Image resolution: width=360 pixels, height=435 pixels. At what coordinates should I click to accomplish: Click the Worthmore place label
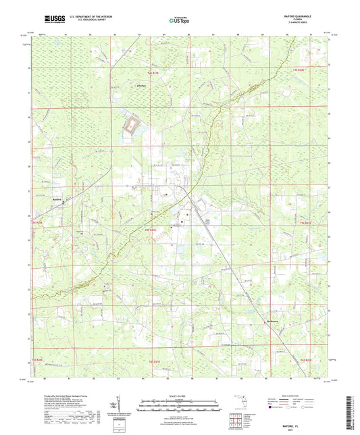(x=272, y=320)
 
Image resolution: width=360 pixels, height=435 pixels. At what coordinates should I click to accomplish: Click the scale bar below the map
(x=180, y=407)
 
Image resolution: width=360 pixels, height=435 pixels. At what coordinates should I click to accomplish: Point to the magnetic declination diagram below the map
(x=122, y=408)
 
